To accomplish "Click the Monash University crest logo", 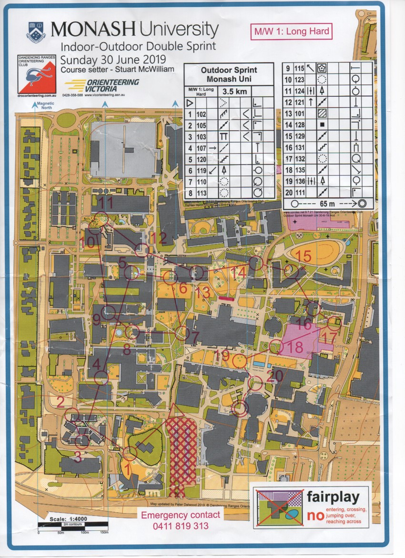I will pyautogui.click(x=36, y=30).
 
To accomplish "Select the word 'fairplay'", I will pyautogui.click(x=333, y=497).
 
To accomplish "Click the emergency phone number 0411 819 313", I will pyautogui.click(x=181, y=526).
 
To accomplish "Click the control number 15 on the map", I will pyautogui.click(x=303, y=256).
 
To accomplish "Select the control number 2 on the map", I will pyautogui.click(x=61, y=402).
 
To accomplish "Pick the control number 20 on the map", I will pyautogui.click(x=275, y=375).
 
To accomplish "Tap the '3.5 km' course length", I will pyautogui.click(x=233, y=91).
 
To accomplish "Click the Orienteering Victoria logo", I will pyautogui.click(x=102, y=86).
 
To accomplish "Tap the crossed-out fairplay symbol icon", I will pyautogui.click(x=279, y=508).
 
